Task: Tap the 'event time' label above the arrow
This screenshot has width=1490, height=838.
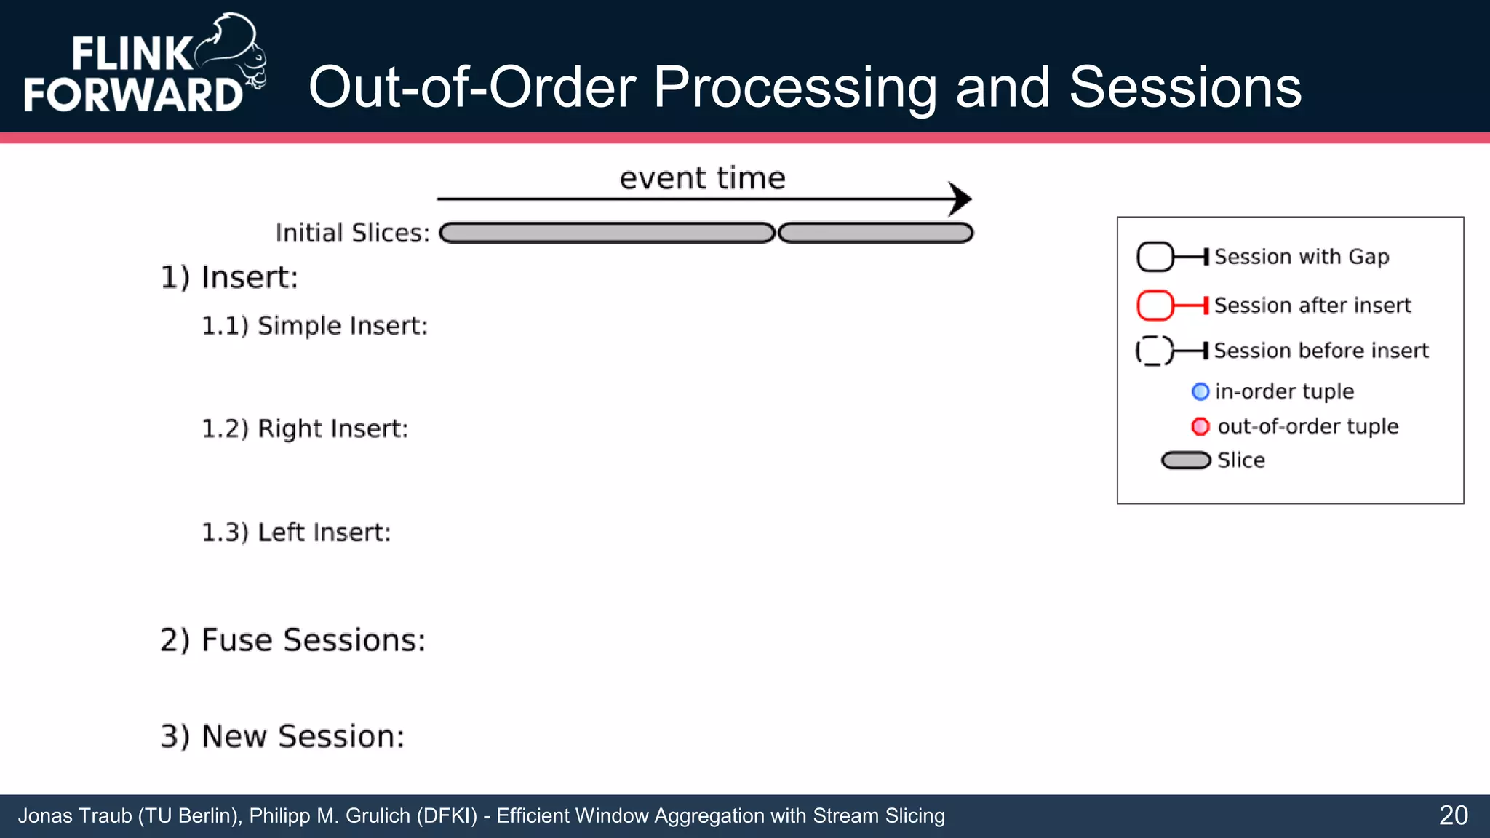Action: point(702,178)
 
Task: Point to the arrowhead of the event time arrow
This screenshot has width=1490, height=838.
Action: point(962,199)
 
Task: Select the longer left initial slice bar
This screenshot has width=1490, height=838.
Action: point(607,233)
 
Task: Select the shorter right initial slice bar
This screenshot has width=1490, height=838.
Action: point(875,233)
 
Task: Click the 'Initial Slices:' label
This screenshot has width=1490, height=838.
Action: point(353,233)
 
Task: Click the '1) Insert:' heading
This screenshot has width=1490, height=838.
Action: point(229,277)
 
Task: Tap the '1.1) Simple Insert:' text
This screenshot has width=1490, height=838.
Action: point(314,326)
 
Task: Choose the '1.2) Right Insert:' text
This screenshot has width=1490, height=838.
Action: point(305,428)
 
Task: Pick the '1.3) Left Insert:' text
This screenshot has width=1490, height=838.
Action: point(296,532)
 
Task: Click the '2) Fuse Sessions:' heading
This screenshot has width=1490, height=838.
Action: point(292,640)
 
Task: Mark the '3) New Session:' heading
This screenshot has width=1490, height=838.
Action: point(282,736)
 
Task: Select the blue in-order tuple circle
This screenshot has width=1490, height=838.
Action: point(1200,391)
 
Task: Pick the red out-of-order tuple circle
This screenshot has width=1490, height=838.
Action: point(1200,426)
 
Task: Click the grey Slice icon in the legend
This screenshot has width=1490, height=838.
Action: point(1186,460)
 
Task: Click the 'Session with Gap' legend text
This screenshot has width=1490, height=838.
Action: point(1302,257)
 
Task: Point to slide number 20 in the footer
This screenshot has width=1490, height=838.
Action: point(1453,815)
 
